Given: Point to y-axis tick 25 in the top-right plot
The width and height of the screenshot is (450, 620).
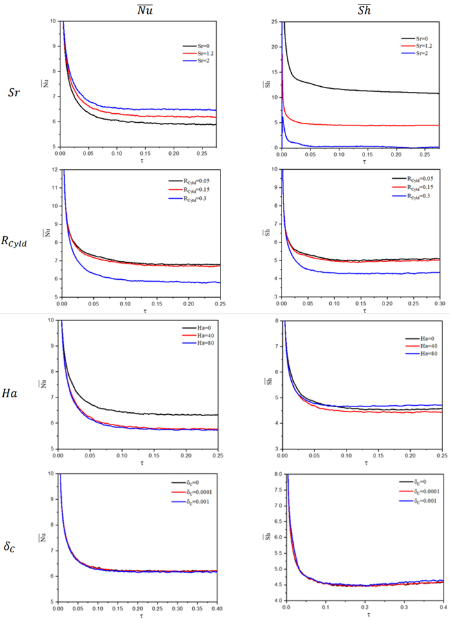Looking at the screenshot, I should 275,21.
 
